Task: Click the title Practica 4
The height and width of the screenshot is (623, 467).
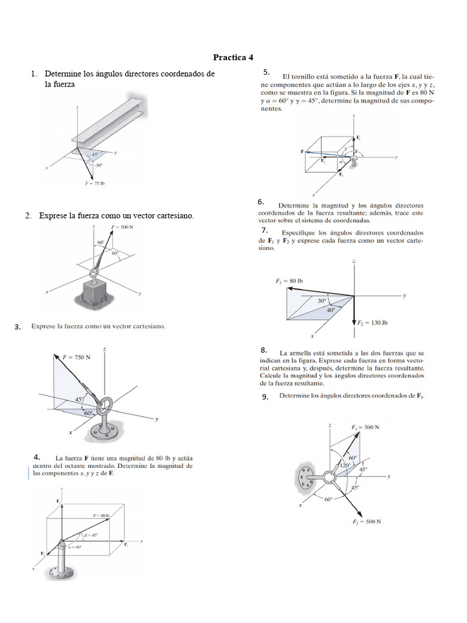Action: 233,58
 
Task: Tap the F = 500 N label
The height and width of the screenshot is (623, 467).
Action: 123,227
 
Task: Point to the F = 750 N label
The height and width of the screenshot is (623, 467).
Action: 77,357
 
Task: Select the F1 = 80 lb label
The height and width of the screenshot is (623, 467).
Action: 289,281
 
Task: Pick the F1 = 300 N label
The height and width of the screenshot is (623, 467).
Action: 365,427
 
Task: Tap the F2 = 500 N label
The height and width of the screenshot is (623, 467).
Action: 367,521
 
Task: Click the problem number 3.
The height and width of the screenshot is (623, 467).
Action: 18,327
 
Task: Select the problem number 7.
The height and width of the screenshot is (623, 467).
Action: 265,231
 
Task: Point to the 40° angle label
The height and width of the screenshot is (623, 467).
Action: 331,310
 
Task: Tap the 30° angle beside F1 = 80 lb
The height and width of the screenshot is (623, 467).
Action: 322,301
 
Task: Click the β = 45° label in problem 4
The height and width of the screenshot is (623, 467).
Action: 91,535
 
